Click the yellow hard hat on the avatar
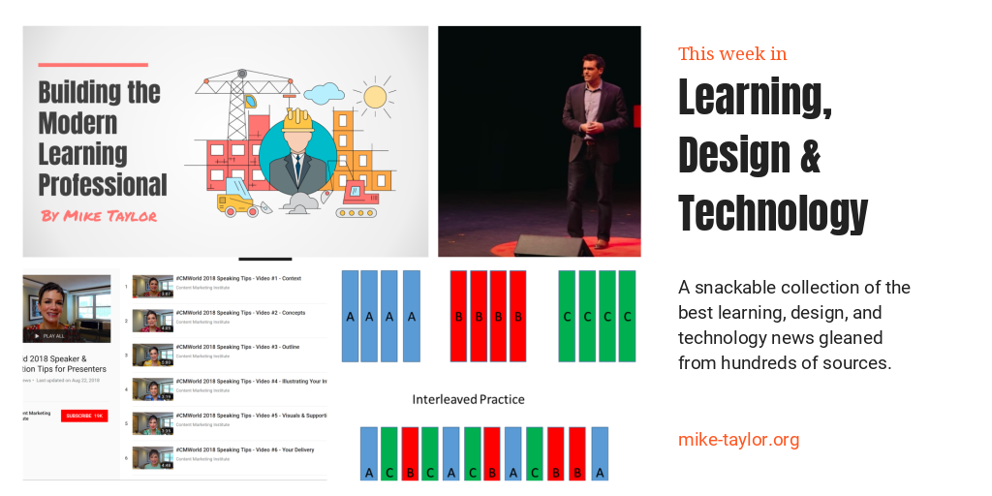[x=296, y=119]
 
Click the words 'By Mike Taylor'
[x=99, y=215]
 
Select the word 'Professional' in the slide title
[x=103, y=184]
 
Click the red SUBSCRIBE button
[x=84, y=416]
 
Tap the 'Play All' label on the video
[x=54, y=336]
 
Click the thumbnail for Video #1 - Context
[x=153, y=286]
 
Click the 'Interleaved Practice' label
[x=468, y=399]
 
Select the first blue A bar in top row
[x=350, y=316]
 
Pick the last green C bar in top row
[x=627, y=316]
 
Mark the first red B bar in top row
[x=458, y=316]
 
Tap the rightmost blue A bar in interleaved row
[x=600, y=453]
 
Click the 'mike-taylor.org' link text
[x=738, y=440]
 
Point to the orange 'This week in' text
[x=732, y=53]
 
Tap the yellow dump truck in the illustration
[x=236, y=204]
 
